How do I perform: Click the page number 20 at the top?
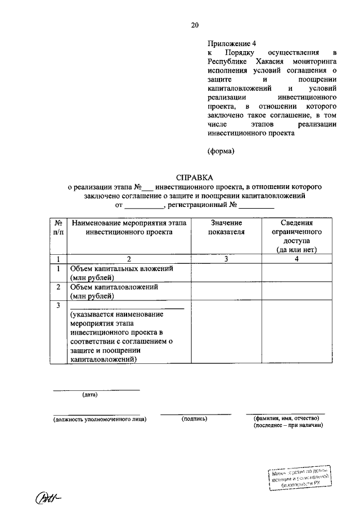point(195,25)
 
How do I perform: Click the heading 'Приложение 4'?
point(228,43)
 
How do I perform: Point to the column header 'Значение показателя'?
point(226,227)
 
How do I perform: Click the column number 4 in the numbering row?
point(296,259)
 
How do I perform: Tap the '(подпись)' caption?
point(195,419)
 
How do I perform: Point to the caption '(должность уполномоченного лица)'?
point(100,419)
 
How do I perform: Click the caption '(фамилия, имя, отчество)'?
point(286,418)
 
